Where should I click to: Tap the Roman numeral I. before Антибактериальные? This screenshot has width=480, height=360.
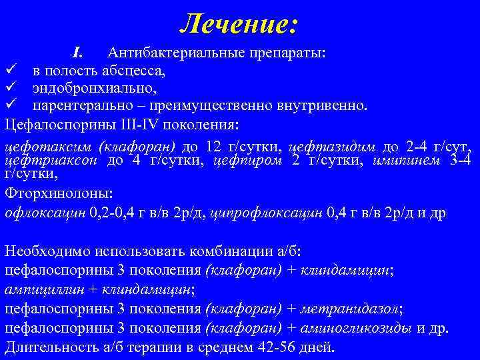tap(77, 52)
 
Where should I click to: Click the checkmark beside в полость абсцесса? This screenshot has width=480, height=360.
tap(9, 69)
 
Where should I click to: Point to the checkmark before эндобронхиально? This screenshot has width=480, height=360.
tap(9, 87)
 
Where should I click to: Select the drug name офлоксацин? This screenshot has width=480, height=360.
tap(45, 213)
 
